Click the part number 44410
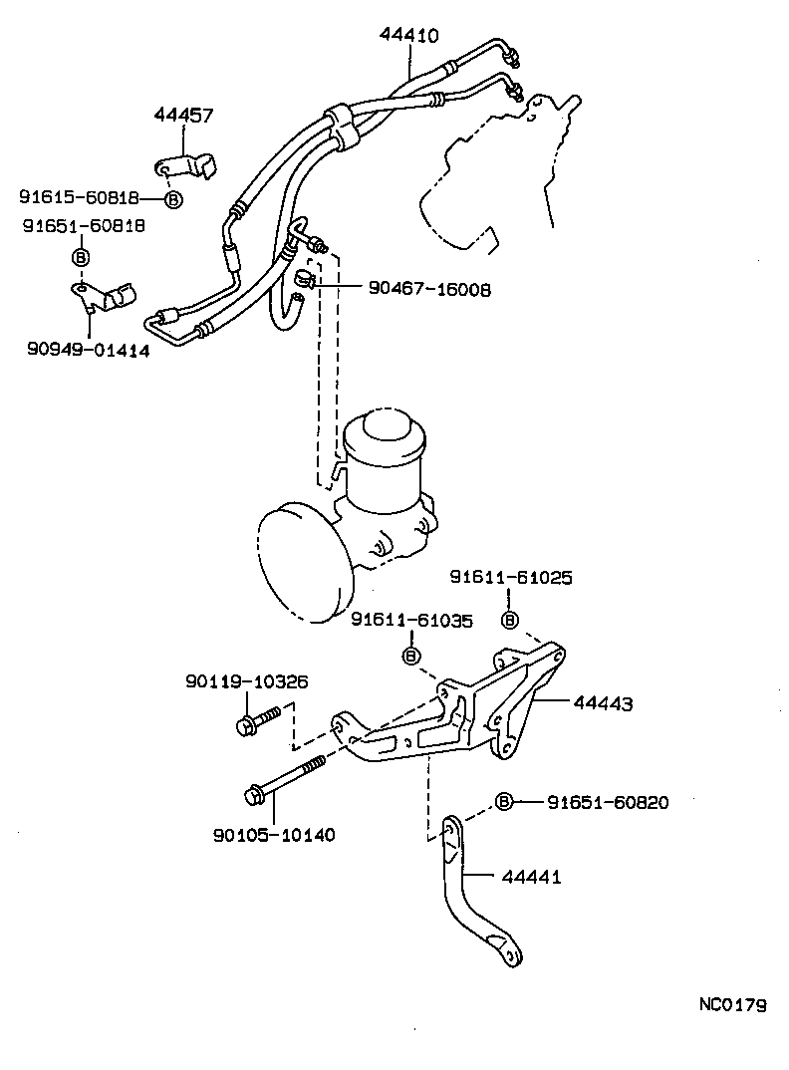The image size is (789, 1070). [408, 35]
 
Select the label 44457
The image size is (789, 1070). [183, 116]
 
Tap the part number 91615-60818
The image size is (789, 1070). [79, 198]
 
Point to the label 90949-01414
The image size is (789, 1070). [89, 350]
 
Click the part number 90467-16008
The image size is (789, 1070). [429, 290]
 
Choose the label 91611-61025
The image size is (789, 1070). [510, 578]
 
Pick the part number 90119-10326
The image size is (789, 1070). [246, 682]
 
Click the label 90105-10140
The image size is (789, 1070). [274, 834]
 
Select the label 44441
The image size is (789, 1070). [531, 878]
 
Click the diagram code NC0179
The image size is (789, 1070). [731, 1005]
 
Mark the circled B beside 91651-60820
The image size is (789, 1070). [504, 802]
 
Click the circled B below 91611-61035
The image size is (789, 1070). [409, 655]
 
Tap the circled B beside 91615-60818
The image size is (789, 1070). [173, 199]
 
